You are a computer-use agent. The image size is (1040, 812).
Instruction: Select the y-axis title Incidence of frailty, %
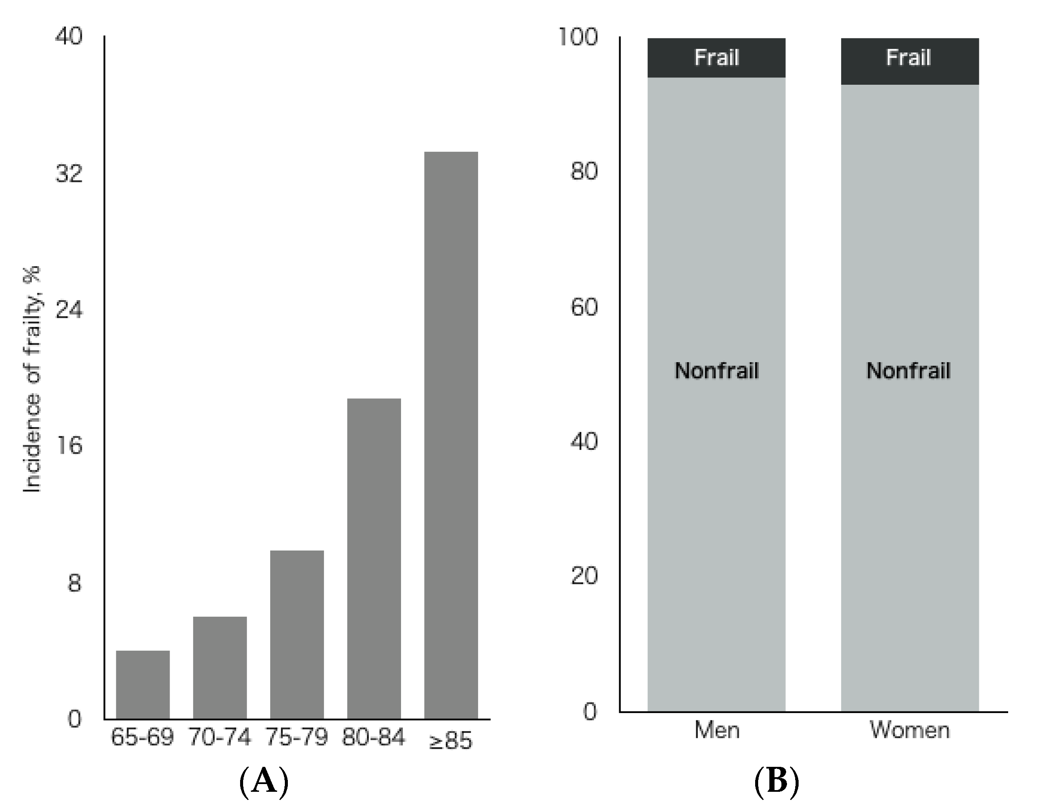(x=32, y=380)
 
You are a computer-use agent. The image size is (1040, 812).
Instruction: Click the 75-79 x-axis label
(x=296, y=737)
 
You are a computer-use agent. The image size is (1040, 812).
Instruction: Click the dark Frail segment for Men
(x=716, y=58)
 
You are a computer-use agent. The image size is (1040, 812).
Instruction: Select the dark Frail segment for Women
(x=910, y=61)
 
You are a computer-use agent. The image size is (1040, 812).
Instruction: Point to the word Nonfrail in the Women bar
(x=908, y=371)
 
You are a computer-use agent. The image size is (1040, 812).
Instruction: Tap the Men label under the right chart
(x=717, y=730)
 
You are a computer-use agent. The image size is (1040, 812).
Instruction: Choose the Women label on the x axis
(x=910, y=730)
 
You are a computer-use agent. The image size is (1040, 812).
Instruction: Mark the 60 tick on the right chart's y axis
(x=584, y=307)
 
